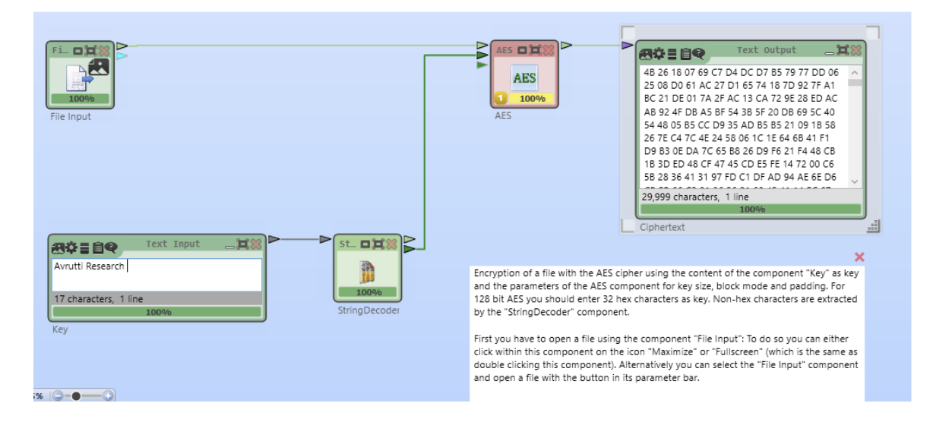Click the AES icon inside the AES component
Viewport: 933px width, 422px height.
click(524, 77)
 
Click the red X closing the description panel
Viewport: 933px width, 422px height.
click(859, 257)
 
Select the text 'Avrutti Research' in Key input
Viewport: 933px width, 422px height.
click(89, 266)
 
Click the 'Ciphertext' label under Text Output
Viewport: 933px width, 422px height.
click(662, 227)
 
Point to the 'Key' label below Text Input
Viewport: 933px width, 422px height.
click(60, 330)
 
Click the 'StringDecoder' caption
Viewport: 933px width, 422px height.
click(368, 310)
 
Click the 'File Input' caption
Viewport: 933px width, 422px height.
click(71, 117)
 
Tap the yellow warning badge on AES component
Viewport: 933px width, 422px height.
click(501, 98)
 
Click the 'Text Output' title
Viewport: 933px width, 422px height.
click(766, 51)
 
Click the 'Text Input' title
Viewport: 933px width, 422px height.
click(172, 244)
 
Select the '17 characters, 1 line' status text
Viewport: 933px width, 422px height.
click(98, 299)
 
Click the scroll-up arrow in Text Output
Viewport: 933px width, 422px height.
click(855, 72)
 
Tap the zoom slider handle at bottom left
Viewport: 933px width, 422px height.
click(76, 396)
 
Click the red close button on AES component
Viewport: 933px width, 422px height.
click(548, 50)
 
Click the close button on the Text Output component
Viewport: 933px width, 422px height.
click(856, 51)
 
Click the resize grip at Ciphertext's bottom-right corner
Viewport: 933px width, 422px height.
click(873, 226)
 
